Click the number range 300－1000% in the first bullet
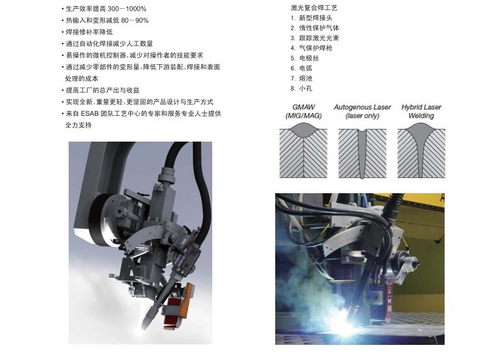(x=127, y=9)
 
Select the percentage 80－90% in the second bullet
(x=135, y=21)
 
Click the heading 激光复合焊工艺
(x=314, y=8)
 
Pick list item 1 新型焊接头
(x=311, y=18)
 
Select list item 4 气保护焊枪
(x=311, y=48)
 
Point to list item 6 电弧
(x=301, y=68)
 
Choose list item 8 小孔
(x=301, y=88)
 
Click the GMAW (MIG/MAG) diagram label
(x=304, y=111)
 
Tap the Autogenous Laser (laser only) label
(x=362, y=111)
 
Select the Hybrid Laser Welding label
(x=421, y=111)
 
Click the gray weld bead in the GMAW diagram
(x=304, y=130)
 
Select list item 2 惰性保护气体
(x=315, y=28)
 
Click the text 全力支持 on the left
(x=78, y=125)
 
